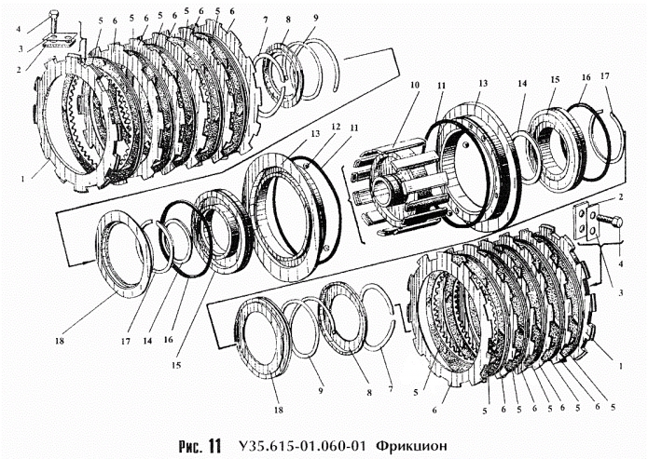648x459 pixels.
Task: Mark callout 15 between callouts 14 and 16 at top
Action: [555, 81]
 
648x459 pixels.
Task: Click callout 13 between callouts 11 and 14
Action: [482, 82]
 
